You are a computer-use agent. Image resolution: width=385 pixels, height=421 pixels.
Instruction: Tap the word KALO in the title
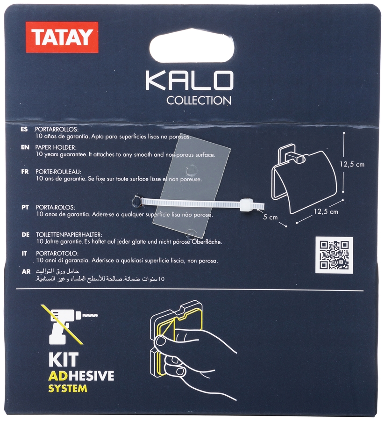pyautogui.click(x=189, y=81)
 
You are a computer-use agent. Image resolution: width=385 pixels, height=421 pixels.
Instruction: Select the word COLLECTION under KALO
pyautogui.click(x=199, y=100)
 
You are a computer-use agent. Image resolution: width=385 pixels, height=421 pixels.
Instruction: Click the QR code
pyautogui.click(x=334, y=254)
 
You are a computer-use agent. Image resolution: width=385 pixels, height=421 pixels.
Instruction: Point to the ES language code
pyautogui.click(x=24, y=129)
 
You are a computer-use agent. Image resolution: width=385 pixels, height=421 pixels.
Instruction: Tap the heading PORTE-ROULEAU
pyautogui.click(x=58, y=172)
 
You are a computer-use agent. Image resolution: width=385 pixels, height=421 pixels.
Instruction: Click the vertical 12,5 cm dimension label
pyautogui.click(x=352, y=164)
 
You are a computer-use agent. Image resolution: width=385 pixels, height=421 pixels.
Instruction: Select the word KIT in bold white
pyautogui.click(x=64, y=359)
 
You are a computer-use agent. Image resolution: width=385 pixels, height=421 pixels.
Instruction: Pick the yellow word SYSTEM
pyautogui.click(x=68, y=388)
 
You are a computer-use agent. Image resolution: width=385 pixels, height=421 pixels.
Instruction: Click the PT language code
pyautogui.click(x=25, y=206)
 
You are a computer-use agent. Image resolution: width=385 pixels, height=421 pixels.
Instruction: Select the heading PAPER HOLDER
pyautogui.click(x=52, y=146)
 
